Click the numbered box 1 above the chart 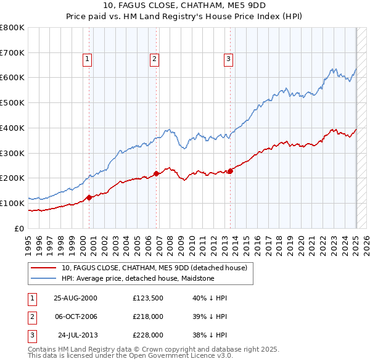(87, 59)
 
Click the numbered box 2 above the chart (154, 59)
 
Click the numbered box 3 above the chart (228, 59)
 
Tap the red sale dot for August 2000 (89, 197)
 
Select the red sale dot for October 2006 (156, 173)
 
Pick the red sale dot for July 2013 (230, 171)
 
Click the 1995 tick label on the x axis (28, 244)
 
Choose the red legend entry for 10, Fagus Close (154, 268)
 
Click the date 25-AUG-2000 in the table (76, 298)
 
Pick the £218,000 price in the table (148, 316)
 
